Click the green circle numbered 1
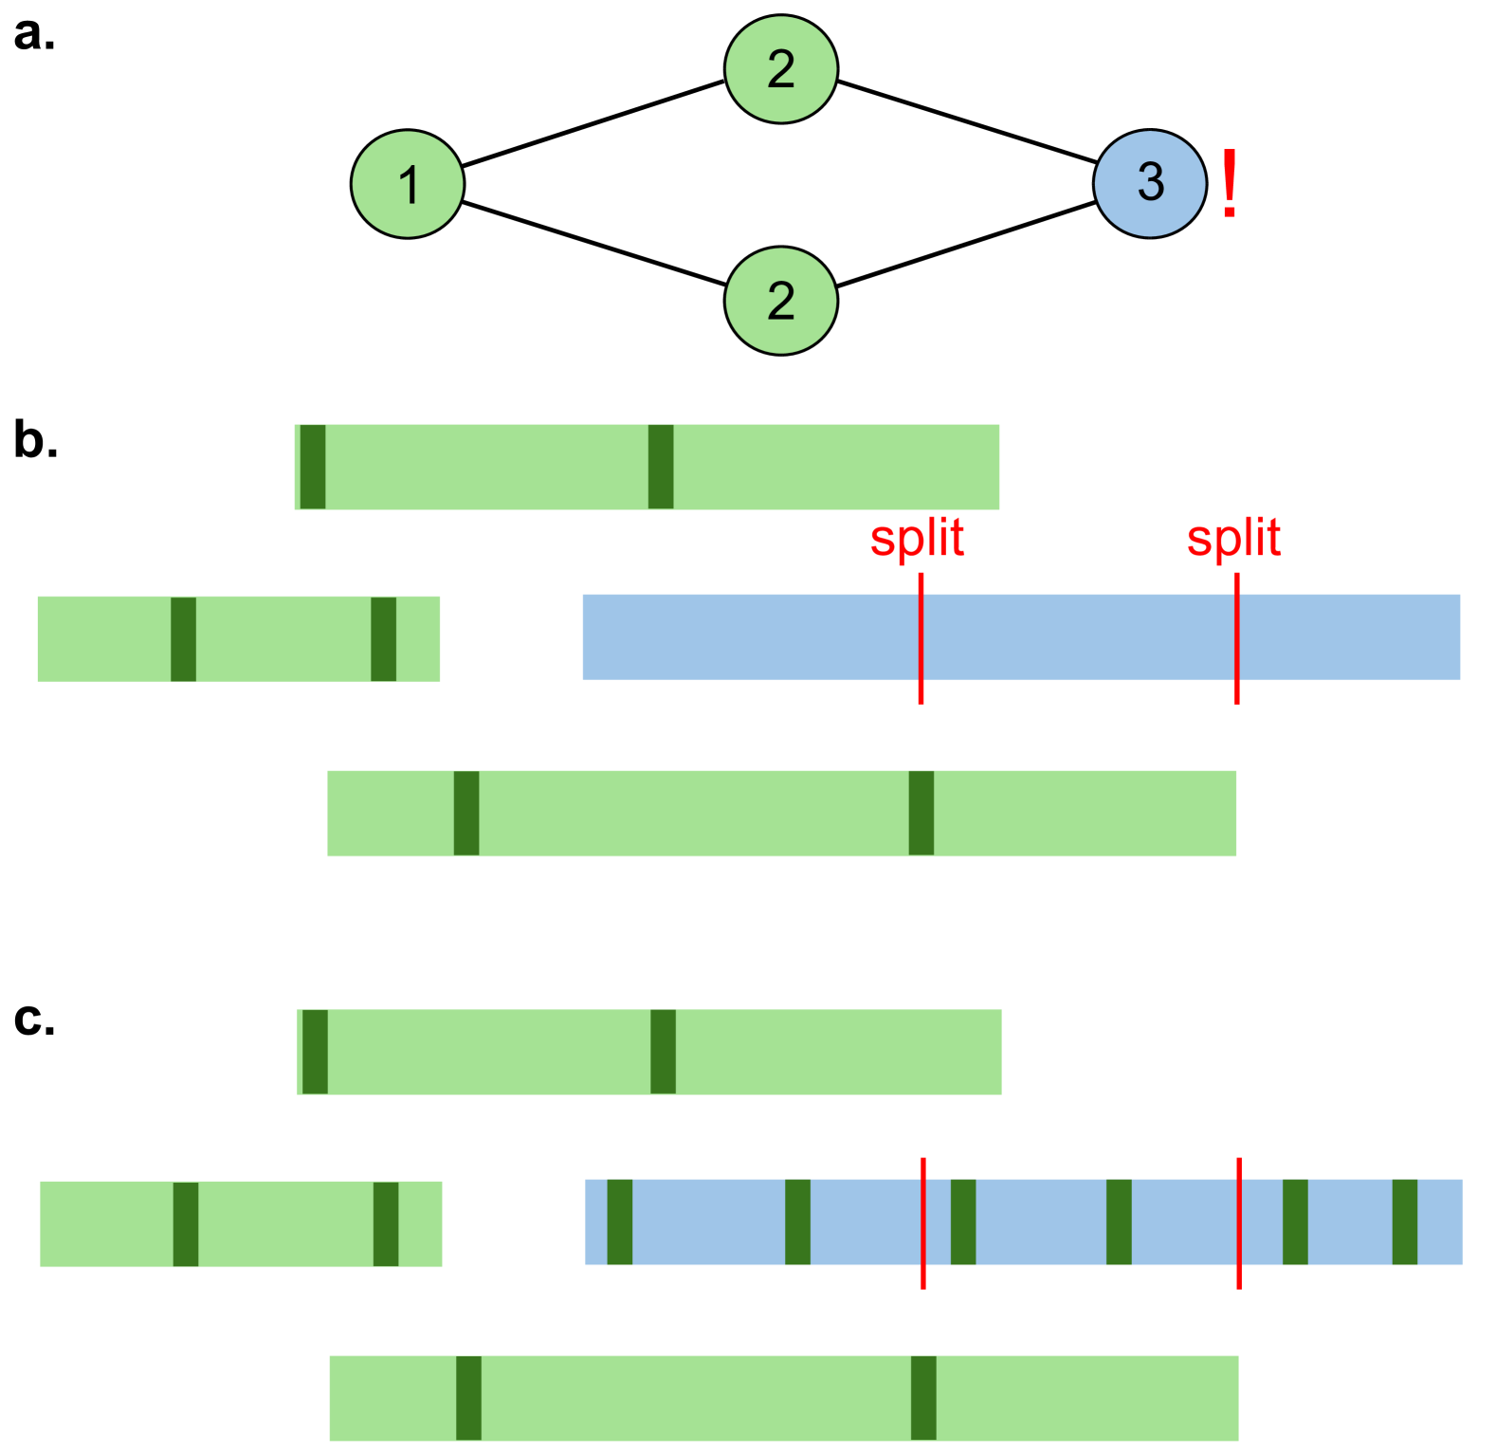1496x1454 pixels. [x=408, y=184]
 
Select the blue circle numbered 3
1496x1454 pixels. [x=1149, y=183]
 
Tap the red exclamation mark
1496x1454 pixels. [x=1230, y=184]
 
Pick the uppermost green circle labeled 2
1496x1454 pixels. [x=780, y=68]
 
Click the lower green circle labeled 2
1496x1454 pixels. [x=780, y=301]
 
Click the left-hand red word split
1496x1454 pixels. [x=917, y=539]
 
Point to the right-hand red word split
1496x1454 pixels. [x=1233, y=539]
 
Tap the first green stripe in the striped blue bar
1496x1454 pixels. [x=619, y=1222]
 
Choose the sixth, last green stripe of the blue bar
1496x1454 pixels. [x=1404, y=1222]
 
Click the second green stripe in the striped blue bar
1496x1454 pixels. [x=797, y=1222]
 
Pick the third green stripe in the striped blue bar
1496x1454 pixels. [x=963, y=1222]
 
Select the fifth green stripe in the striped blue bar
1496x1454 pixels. [x=1295, y=1222]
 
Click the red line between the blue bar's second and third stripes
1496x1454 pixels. [x=923, y=1223]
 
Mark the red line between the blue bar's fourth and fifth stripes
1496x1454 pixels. [x=1238, y=1223]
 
